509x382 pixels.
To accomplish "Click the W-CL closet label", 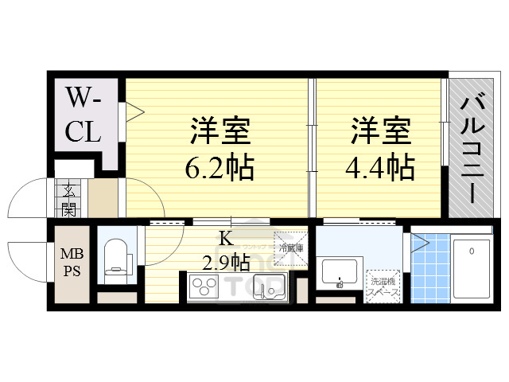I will pos(83,115).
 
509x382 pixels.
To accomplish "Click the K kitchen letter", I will pos(224,236).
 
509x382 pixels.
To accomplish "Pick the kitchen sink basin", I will pos(266,287).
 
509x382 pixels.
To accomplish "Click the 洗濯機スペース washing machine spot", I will pos(383,284).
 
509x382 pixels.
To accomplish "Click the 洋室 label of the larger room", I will pos(220,130).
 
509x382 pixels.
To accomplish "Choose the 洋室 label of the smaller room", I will pos(380,130).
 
